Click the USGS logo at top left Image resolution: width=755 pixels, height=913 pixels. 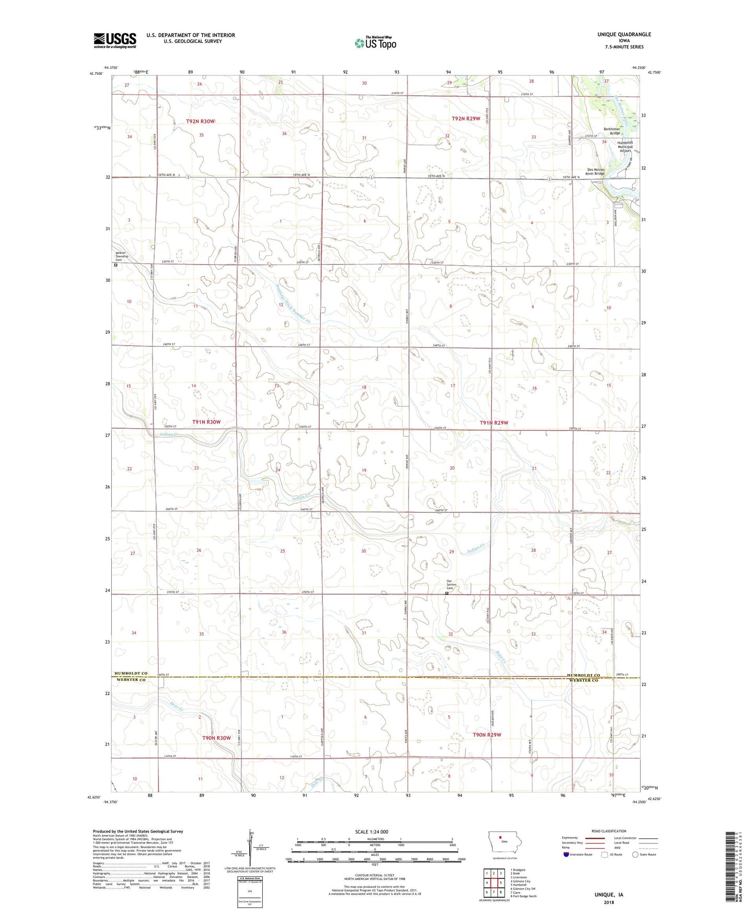click(115, 40)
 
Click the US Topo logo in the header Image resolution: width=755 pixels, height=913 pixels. click(375, 43)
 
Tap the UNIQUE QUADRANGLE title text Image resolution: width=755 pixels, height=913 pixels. click(624, 35)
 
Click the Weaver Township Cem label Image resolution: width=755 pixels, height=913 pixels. click(121, 256)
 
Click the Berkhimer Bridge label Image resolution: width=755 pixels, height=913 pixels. click(611, 131)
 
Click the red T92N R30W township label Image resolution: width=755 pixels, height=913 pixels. click(200, 121)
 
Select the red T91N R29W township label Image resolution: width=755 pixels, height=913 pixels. click(494, 423)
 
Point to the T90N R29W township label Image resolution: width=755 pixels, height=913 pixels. click(486, 735)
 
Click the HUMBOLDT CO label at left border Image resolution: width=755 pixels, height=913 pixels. click(131, 674)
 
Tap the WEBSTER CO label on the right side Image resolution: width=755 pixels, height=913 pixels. click(583, 680)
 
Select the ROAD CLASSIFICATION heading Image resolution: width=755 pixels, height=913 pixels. click(608, 831)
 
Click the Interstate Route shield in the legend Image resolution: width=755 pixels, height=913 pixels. click(567, 854)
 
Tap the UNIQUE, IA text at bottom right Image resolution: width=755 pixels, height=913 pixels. click(609, 895)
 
